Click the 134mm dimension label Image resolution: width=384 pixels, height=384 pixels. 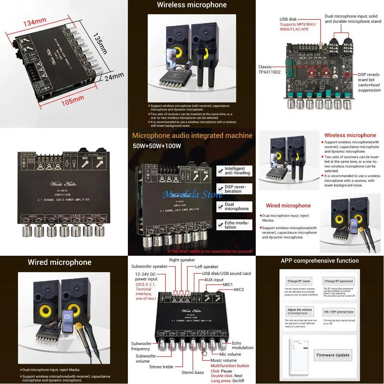(34, 22)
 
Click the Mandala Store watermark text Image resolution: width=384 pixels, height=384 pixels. (192, 194)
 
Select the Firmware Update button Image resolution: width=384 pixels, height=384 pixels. (333, 355)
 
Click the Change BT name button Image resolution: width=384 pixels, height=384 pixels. (298, 281)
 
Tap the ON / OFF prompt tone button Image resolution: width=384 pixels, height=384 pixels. (338, 312)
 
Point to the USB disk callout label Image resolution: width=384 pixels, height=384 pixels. (288, 19)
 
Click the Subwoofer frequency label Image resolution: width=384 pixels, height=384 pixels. (141, 346)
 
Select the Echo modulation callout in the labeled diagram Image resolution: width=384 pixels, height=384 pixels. (242, 345)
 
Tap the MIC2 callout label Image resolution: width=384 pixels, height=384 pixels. (239, 289)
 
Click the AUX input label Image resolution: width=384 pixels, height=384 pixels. (214, 280)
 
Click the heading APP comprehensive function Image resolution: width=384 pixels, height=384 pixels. (319, 261)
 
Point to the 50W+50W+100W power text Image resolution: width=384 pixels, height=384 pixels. (157, 145)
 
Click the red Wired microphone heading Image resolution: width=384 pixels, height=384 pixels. (288, 205)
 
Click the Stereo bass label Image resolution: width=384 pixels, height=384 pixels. (193, 372)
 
